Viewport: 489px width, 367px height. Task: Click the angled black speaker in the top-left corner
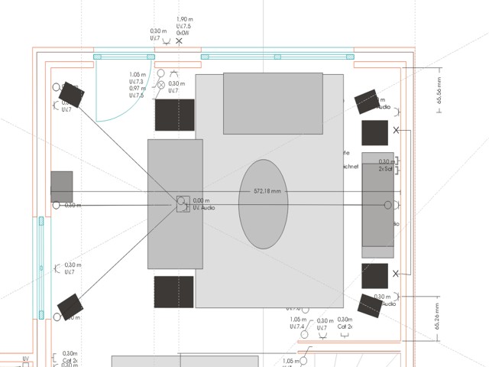[x=73, y=95]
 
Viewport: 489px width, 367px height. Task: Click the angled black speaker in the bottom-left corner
[x=69, y=307]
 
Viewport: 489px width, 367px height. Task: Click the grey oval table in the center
[x=263, y=204]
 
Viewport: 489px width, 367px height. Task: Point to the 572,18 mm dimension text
[x=267, y=191]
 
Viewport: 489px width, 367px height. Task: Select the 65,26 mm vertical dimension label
[x=439, y=318]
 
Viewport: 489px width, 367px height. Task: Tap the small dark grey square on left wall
[x=62, y=187]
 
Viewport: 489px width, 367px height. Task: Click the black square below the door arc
[x=176, y=115]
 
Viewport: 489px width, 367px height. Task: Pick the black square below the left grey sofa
[x=173, y=292]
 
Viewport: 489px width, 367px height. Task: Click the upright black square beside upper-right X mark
[x=375, y=133]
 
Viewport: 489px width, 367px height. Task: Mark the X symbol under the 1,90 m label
[x=180, y=41]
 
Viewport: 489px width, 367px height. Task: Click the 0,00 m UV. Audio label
[x=203, y=204]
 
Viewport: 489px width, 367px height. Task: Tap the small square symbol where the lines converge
[x=182, y=203]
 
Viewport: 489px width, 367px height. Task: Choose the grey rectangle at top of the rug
[x=273, y=103]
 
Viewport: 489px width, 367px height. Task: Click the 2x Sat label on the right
[x=386, y=167]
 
